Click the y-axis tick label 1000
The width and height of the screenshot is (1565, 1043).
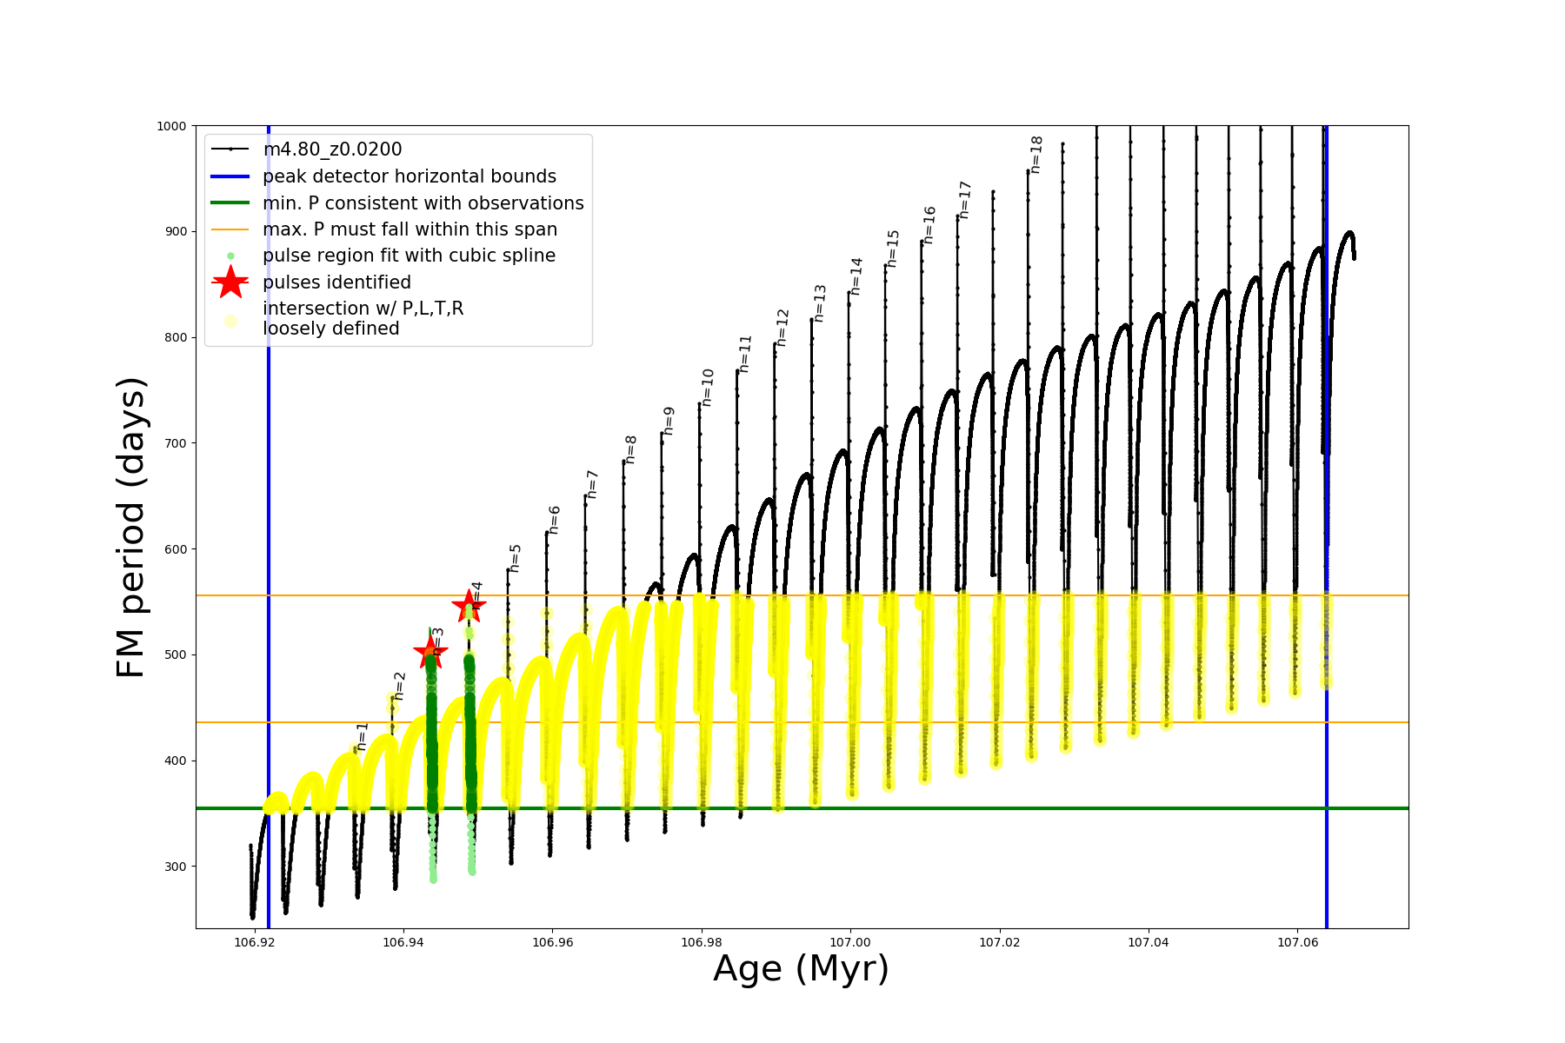tap(171, 126)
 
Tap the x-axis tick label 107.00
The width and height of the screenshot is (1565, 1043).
tap(849, 942)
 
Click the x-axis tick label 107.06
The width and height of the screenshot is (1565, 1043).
tap(1297, 942)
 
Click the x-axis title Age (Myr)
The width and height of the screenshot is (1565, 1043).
tap(801, 968)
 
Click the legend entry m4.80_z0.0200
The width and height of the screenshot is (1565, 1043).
tap(332, 149)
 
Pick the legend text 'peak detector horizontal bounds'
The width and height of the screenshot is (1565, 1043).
tap(410, 176)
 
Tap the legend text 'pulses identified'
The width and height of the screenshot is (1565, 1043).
tap(336, 282)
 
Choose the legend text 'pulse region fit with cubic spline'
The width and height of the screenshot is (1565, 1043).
tap(409, 256)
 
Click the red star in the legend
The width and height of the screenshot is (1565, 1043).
tap(230, 282)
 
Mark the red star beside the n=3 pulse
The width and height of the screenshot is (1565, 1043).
tap(430, 652)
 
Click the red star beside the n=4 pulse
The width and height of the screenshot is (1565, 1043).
tap(469, 606)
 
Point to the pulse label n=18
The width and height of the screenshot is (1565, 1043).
tap(1036, 154)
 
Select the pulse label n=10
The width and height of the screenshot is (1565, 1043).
tap(708, 387)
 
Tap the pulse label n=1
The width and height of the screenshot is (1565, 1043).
tap(363, 736)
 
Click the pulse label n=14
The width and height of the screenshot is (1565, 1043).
tap(856, 276)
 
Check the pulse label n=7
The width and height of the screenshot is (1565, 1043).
tap(592, 484)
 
